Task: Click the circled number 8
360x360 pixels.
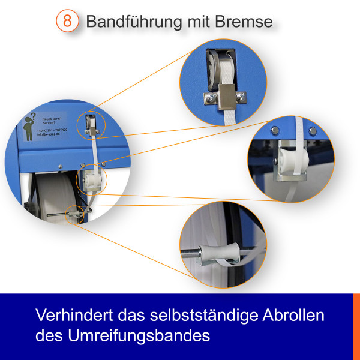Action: [x=68, y=21]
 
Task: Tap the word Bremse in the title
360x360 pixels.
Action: [x=244, y=22]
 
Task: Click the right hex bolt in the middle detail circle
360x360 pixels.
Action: [x=311, y=130]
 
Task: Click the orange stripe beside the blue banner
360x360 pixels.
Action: [x=356, y=326]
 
